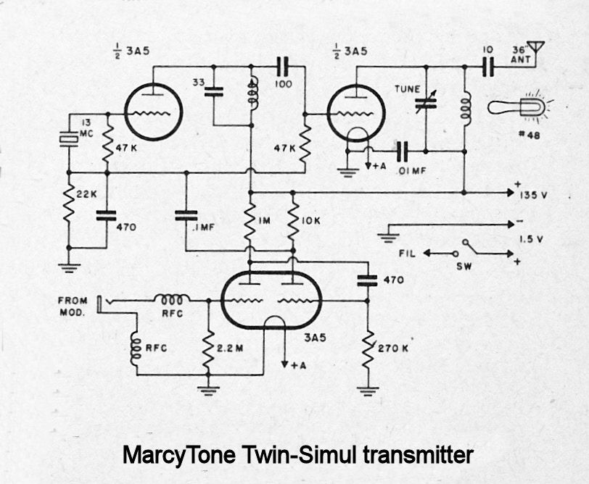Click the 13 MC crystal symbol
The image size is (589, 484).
pos(69,138)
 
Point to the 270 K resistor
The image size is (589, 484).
pos(368,351)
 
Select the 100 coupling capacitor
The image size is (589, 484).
pos(283,67)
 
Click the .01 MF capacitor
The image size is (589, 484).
pos(403,151)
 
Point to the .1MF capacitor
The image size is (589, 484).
pos(186,214)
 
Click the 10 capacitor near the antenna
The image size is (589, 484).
pos(489,67)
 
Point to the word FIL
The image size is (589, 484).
pos(408,254)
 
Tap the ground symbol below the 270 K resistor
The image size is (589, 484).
pos(368,391)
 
